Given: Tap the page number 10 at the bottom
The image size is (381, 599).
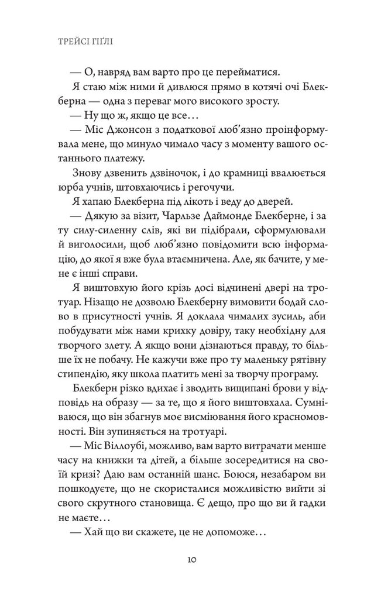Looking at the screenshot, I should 191,560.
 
